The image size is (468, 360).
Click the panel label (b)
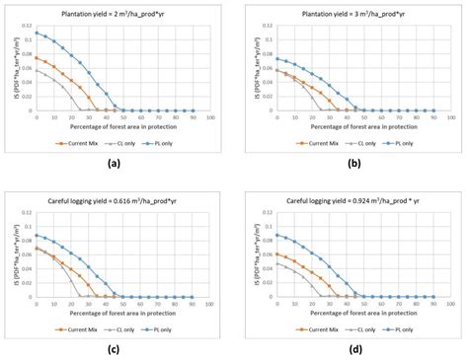coord(351,163)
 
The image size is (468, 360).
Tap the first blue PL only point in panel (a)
coord(37,33)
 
